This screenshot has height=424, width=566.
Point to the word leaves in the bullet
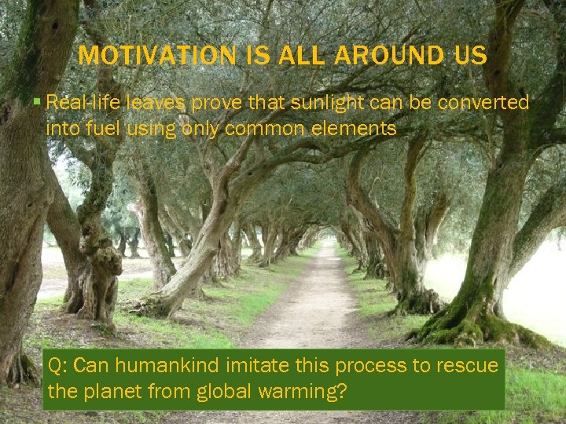pyautogui.click(x=158, y=103)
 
